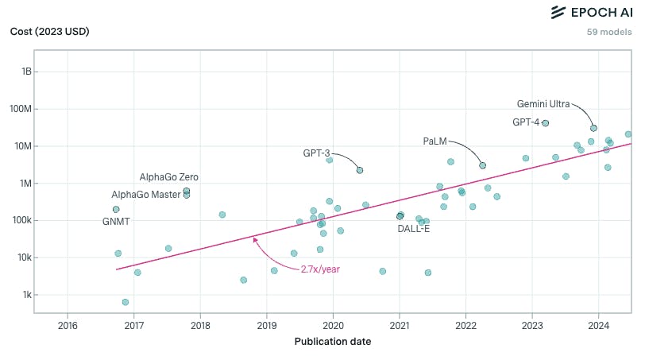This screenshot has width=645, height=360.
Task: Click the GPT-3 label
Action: coord(316,153)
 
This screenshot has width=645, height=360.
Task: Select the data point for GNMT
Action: coord(116,210)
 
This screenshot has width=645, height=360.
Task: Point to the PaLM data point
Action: coord(482,165)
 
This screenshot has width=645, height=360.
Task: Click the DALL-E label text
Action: coord(414,229)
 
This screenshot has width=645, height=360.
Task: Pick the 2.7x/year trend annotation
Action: coord(320,269)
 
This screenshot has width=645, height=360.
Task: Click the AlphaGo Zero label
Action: coord(168,176)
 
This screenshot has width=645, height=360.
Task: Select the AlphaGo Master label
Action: coord(146,195)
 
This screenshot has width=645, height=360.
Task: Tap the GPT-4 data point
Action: coord(545,123)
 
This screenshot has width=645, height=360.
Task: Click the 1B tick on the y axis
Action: coord(26,72)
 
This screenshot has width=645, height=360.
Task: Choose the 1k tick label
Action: coord(26,295)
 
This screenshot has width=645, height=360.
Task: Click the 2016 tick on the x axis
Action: coord(68,325)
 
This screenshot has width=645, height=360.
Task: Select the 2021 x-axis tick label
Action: coord(399,325)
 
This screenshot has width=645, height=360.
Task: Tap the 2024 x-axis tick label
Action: coord(598,325)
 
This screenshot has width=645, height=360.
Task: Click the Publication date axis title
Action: coord(333,343)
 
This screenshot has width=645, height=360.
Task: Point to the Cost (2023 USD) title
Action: coord(49,32)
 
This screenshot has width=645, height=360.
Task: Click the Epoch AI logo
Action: coord(591,12)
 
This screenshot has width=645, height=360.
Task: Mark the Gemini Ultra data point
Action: coord(593,128)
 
